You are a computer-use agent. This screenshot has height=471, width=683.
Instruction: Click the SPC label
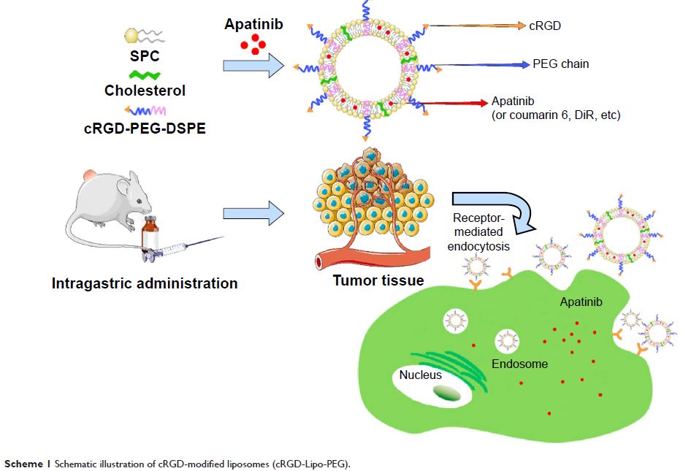point(143,56)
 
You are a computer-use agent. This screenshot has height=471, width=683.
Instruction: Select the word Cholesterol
point(145,91)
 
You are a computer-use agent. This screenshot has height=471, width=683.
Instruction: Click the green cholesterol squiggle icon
point(145,74)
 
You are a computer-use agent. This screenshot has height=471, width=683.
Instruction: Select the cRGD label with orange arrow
point(544,26)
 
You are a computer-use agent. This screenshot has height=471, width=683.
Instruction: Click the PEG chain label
point(561,64)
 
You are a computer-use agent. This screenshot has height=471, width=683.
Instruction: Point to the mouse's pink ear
point(88,176)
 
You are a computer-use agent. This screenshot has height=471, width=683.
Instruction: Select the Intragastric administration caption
point(145,283)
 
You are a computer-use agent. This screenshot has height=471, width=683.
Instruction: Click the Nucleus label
point(421,375)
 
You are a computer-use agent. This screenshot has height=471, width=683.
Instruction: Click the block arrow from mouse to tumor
point(253,214)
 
